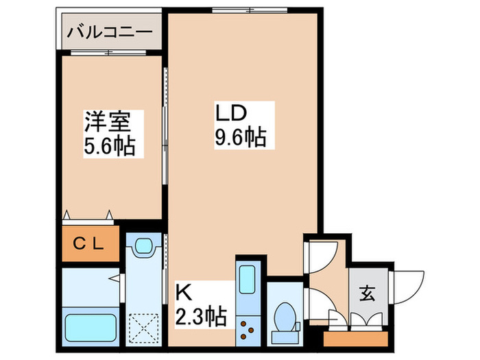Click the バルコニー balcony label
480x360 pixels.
point(109,32)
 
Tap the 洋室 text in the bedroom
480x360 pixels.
point(108,124)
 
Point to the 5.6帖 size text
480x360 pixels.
point(108,145)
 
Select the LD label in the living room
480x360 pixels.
point(232,114)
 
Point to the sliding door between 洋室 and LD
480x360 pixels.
point(165,127)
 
